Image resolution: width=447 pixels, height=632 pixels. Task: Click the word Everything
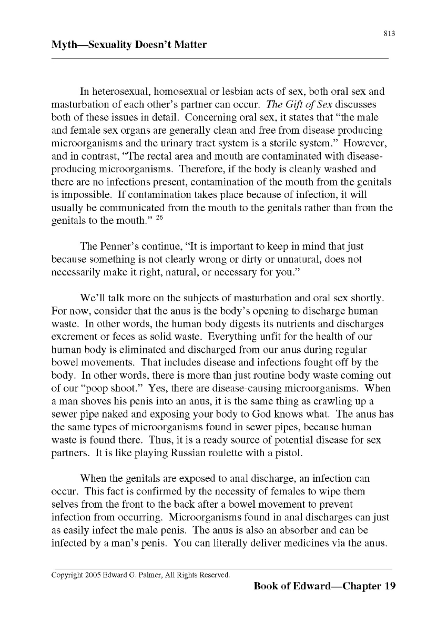coord(231,336)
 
